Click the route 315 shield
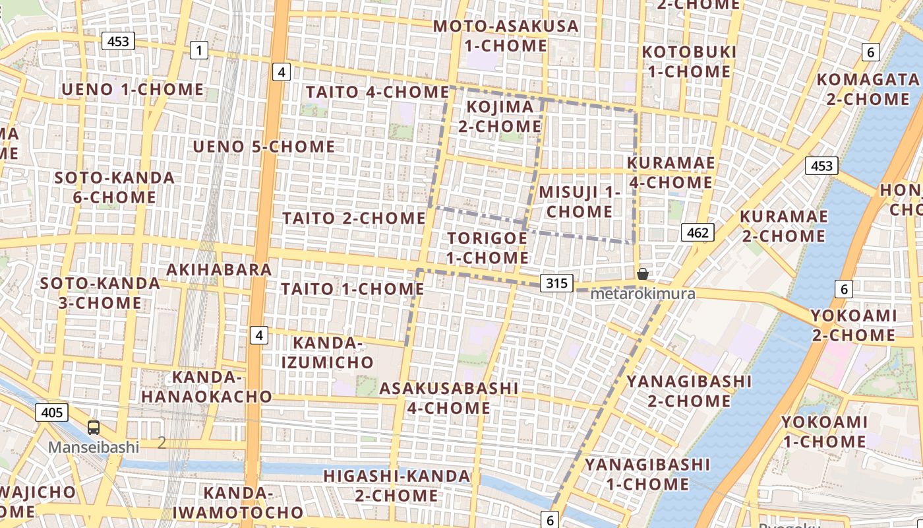pyautogui.click(x=556, y=284)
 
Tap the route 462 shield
pyautogui.click(x=698, y=232)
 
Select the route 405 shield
pyautogui.click(x=51, y=413)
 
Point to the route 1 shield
pyautogui.click(x=198, y=49)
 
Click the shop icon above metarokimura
pyautogui.click(x=643, y=274)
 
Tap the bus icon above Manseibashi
pyautogui.click(x=94, y=427)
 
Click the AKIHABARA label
pyautogui.click(x=219, y=269)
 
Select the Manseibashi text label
pyautogui.click(x=94, y=447)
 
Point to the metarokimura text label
pyautogui.click(x=643, y=294)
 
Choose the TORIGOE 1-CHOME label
pyautogui.click(x=487, y=247)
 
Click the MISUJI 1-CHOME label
pyautogui.click(x=580, y=201)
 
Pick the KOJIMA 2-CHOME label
pyautogui.click(x=500, y=116)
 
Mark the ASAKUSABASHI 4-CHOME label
pyautogui.click(x=448, y=398)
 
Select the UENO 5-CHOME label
pyautogui.click(x=264, y=146)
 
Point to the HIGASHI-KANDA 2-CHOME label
pyautogui.click(x=396, y=485)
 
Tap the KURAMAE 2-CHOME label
pyautogui.click(x=783, y=226)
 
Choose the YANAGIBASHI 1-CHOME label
pyautogui.click(x=647, y=474)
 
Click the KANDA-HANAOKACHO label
pyautogui.click(x=206, y=387)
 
